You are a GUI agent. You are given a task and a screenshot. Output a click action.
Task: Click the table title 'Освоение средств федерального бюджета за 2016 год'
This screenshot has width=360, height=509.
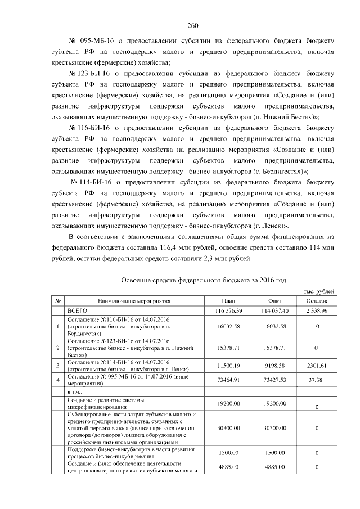click(204, 280)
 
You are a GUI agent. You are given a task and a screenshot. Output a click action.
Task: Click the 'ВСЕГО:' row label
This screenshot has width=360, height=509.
click(78, 310)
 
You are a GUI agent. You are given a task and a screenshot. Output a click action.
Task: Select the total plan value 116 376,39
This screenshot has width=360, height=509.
click(228, 310)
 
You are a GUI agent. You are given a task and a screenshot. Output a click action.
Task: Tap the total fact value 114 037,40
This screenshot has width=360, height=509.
click(275, 310)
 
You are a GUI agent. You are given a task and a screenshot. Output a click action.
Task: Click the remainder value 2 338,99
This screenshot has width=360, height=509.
click(318, 310)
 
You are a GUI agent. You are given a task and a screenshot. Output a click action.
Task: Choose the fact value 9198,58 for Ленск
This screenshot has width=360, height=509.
click(275, 366)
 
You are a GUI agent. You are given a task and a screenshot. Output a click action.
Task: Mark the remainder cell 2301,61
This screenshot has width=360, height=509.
click(318, 366)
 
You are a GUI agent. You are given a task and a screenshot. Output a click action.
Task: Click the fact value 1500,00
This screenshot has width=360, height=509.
click(275, 453)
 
